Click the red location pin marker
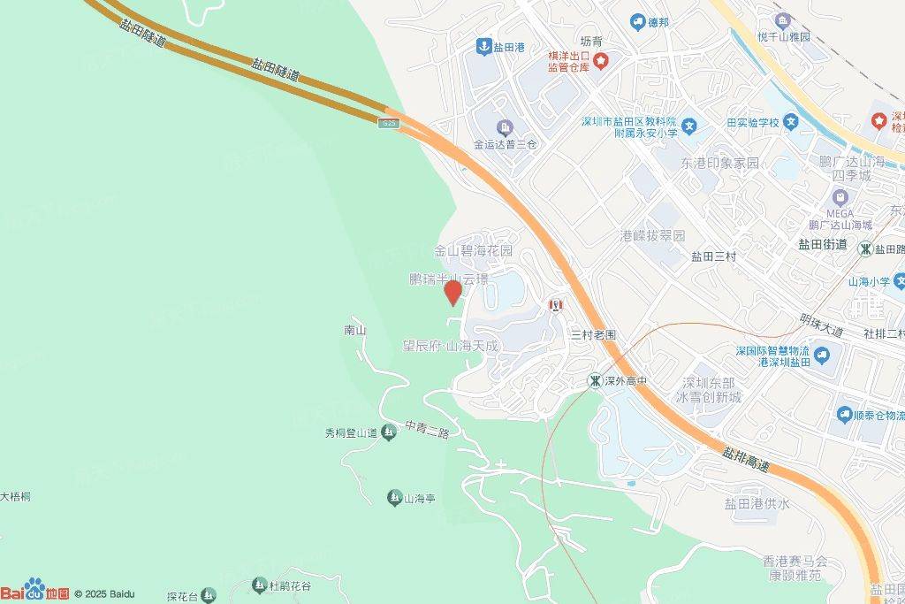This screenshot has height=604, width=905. click(x=453, y=293)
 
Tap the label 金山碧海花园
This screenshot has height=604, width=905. click(x=473, y=251)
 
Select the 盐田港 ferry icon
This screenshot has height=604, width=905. click(x=483, y=46)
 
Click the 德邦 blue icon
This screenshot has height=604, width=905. click(x=637, y=21)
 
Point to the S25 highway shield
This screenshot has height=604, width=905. click(x=390, y=122)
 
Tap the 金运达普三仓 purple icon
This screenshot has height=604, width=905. click(x=505, y=127)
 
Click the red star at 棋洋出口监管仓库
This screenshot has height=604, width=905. click(x=601, y=61)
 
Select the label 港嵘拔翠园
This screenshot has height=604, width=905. click(x=652, y=236)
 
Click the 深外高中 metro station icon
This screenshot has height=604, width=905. click(x=597, y=381)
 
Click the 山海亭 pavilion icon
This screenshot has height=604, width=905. click(x=394, y=498)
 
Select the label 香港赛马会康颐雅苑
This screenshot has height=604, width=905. click(x=796, y=568)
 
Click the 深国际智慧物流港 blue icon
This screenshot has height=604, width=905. click(x=823, y=356)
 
